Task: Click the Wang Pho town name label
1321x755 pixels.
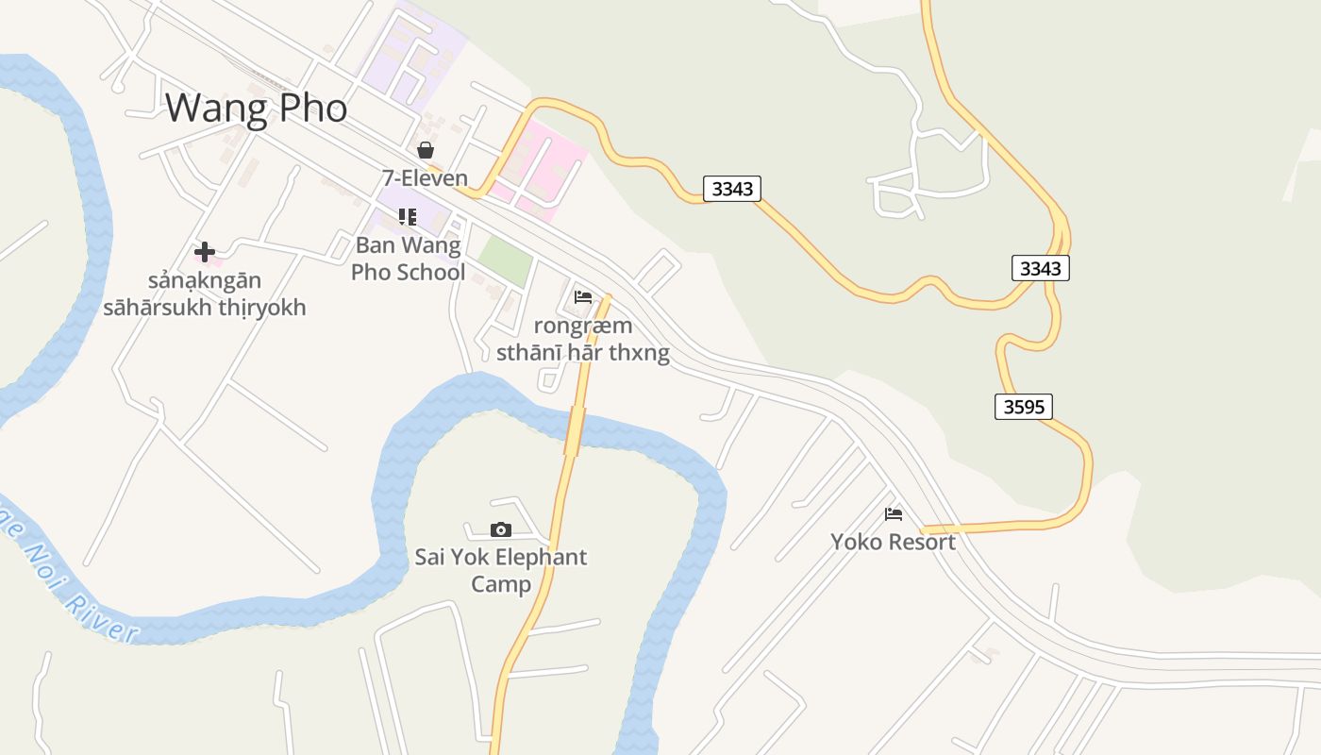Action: (x=256, y=108)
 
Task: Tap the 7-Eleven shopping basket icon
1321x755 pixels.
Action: (x=426, y=150)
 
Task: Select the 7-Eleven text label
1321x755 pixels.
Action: (x=425, y=177)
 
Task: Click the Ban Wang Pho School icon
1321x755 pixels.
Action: (x=408, y=217)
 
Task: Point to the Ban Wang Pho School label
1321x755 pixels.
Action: (x=409, y=259)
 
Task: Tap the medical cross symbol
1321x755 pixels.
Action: (x=204, y=252)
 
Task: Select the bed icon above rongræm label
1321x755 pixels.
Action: (x=583, y=297)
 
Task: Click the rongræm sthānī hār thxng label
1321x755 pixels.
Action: (x=583, y=340)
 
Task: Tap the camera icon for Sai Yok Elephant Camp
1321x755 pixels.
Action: (x=501, y=529)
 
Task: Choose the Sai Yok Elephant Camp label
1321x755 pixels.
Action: (x=501, y=570)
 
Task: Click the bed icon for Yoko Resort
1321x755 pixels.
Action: (x=894, y=514)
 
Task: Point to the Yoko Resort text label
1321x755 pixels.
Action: (x=893, y=542)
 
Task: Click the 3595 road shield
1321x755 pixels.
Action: (x=1024, y=407)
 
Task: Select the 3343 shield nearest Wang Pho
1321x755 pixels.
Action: (x=732, y=189)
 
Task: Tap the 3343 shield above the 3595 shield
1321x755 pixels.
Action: (x=1041, y=268)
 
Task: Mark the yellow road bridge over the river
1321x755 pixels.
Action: (x=573, y=431)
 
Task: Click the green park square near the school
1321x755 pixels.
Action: (x=504, y=260)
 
